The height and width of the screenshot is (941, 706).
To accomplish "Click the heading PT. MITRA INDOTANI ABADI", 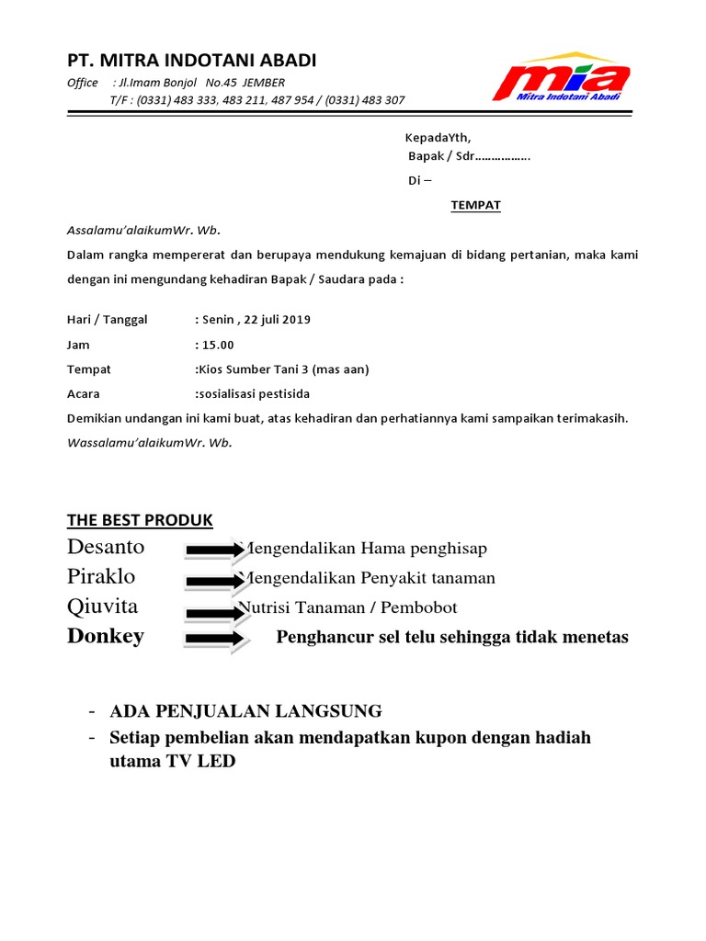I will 191,61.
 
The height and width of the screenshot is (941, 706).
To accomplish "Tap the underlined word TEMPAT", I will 475,205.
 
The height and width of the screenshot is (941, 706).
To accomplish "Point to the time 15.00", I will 218,345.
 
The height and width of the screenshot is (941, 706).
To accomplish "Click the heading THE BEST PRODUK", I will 140,520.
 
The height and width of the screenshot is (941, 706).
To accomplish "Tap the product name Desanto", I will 106,548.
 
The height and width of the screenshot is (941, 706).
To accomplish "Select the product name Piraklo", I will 101,577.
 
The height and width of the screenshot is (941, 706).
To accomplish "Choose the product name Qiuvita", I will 103,607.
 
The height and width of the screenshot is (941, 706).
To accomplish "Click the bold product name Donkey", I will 106,637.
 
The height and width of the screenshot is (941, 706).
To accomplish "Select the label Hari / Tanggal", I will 108,320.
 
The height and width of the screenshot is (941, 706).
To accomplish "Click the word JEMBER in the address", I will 264,83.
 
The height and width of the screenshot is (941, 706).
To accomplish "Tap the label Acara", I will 84,394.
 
